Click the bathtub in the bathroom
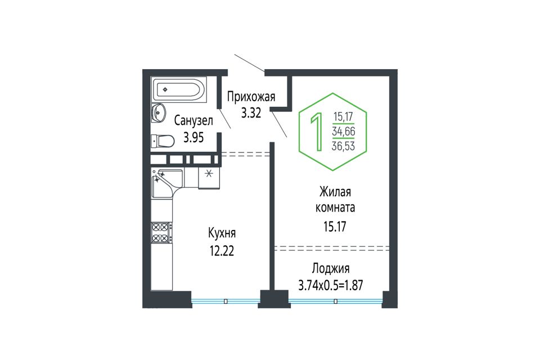(179, 89)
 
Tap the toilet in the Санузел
(163, 141)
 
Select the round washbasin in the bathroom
(159, 112)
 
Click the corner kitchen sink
(167, 183)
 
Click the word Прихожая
(251, 97)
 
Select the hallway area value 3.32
(251, 113)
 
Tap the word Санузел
(193, 120)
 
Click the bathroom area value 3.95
(193, 137)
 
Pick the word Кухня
(222, 233)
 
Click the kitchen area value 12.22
(222, 251)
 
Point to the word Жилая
(335, 192)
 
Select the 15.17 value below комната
(335, 227)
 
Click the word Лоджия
(331, 268)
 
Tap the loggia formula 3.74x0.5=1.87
(331, 285)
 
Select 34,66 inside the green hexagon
(343, 131)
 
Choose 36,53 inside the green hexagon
(343, 146)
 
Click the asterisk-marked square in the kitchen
(209, 178)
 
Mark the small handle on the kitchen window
(226, 301)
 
